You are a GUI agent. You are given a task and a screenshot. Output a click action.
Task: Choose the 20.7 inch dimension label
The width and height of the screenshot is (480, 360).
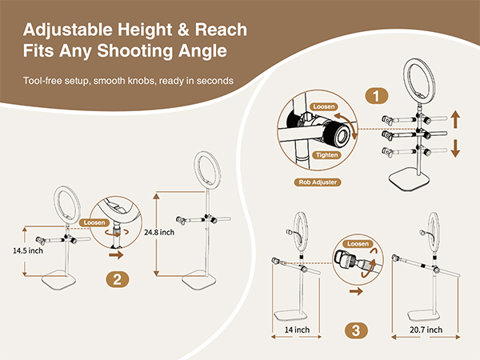[418, 330]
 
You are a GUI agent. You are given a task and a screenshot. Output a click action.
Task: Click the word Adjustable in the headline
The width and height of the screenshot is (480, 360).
[66, 30]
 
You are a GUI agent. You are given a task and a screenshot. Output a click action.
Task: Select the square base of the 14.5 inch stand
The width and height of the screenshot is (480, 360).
[63, 281]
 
